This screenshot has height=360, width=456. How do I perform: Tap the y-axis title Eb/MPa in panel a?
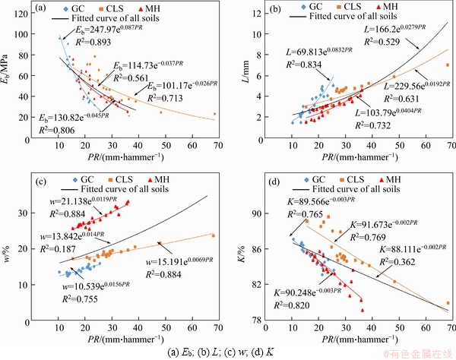(9, 71)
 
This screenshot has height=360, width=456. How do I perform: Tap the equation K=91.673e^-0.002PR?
(382, 226)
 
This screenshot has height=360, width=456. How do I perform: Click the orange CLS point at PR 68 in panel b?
(448, 65)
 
